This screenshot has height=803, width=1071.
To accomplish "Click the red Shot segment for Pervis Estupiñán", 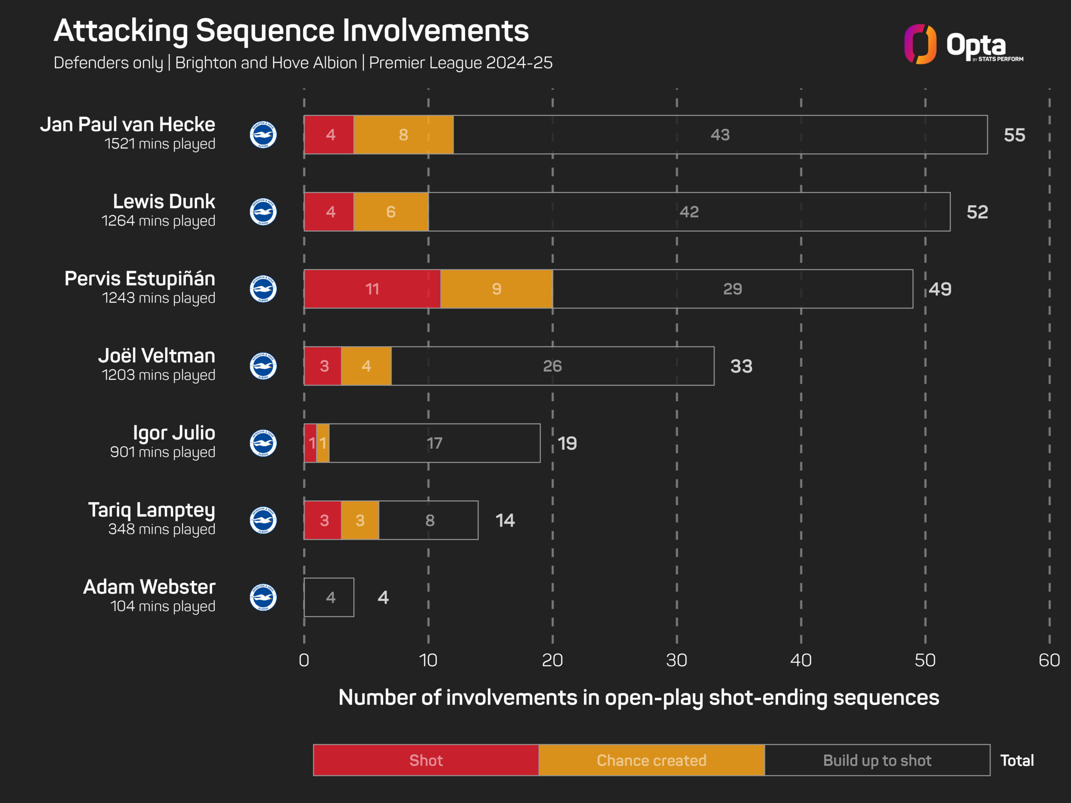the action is click(x=372, y=289).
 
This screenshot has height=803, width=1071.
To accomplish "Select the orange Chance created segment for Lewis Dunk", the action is click(x=391, y=212).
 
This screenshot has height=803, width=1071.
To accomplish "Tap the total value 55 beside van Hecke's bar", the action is click(x=1015, y=135).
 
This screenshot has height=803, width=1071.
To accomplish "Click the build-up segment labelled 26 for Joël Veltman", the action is click(x=553, y=366).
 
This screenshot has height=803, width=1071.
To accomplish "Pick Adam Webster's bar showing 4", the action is click(x=329, y=597).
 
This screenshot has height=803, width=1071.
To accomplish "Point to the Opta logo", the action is click(x=963, y=44).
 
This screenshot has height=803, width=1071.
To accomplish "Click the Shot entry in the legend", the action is click(x=426, y=760).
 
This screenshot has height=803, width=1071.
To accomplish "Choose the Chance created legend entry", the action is click(x=652, y=760).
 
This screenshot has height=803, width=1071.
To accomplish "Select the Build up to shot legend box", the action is click(x=877, y=760).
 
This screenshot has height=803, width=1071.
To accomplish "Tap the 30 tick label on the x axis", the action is click(x=676, y=660).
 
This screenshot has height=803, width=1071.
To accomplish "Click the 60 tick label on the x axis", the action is click(x=1049, y=660).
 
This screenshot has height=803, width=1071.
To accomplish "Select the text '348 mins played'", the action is click(x=162, y=529).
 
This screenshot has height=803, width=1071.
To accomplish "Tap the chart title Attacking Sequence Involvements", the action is click(x=291, y=31).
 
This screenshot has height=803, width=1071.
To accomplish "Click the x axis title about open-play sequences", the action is click(x=639, y=698).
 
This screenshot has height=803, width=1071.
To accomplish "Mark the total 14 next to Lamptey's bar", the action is click(x=505, y=520).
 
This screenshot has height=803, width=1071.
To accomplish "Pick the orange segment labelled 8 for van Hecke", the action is click(x=404, y=135).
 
